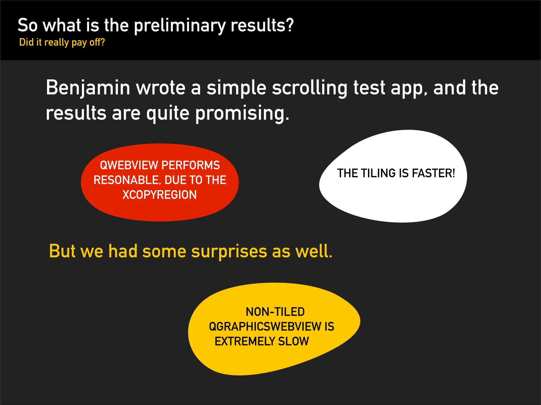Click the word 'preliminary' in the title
(180, 26)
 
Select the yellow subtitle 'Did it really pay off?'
(62, 42)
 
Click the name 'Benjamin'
(88, 88)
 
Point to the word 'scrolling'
(310, 88)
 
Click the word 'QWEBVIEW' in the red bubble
(129, 165)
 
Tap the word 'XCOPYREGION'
(160, 195)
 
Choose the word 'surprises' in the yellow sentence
(229, 251)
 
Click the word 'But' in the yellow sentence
(62, 251)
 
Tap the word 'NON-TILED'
(275, 312)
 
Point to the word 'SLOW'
(293, 341)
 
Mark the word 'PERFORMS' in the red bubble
(190, 165)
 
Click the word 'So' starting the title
(27, 25)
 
